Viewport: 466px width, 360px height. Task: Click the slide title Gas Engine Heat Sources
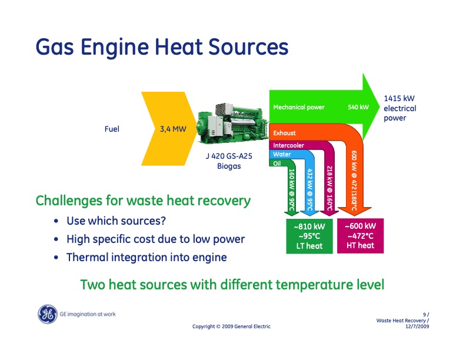[161, 47]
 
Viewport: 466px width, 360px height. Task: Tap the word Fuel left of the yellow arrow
[112, 129]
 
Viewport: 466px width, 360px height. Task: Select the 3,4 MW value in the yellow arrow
[173, 129]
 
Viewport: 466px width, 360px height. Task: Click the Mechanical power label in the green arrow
[299, 108]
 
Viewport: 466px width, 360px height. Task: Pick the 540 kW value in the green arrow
[358, 108]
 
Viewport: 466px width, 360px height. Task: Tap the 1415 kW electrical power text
[400, 108]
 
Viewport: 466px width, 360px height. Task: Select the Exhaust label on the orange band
[285, 134]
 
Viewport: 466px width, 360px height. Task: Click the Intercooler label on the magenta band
[288, 145]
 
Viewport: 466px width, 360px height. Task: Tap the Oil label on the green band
[278, 164]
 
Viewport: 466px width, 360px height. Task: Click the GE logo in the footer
[47, 315]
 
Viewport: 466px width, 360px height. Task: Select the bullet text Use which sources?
[116, 222]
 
